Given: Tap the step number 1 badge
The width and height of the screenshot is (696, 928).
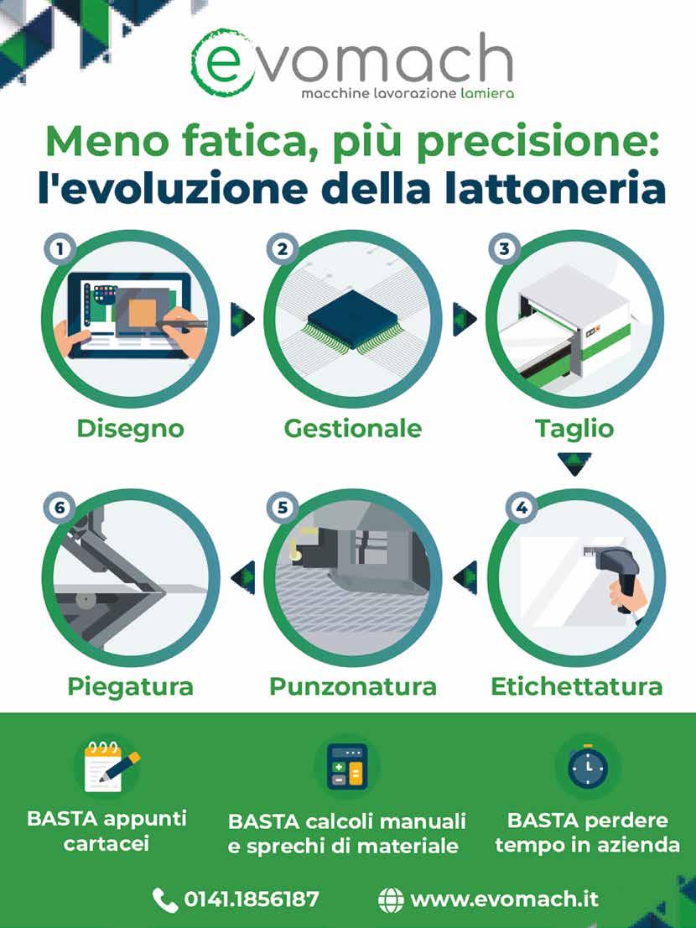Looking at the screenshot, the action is pyautogui.click(x=60, y=250).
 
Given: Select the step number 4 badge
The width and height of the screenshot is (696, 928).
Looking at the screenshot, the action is pyautogui.click(x=522, y=508).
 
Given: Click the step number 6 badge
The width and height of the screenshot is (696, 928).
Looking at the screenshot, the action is pyautogui.click(x=60, y=508).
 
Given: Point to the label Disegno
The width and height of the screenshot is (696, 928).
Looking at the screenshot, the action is pyautogui.click(x=131, y=429).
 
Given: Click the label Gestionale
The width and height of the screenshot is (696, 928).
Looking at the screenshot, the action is pyautogui.click(x=353, y=429).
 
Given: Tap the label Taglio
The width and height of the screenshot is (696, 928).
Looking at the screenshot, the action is pyautogui.click(x=574, y=429).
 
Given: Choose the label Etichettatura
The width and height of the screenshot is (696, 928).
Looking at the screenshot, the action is pyautogui.click(x=577, y=686).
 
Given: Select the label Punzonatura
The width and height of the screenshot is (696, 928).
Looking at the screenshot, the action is pyautogui.click(x=353, y=686).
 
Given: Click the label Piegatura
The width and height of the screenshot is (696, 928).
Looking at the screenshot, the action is pyautogui.click(x=131, y=687).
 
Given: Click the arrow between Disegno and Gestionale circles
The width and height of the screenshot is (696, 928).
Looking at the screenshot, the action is pyautogui.click(x=242, y=320).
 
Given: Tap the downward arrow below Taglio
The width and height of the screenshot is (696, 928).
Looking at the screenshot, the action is pyautogui.click(x=574, y=464).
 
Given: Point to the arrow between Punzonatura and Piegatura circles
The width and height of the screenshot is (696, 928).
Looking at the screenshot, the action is pyautogui.click(x=242, y=577).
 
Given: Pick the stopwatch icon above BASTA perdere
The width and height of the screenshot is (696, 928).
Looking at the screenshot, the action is pyautogui.click(x=588, y=766).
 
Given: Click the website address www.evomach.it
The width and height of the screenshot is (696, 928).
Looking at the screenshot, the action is pyautogui.click(x=505, y=899).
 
